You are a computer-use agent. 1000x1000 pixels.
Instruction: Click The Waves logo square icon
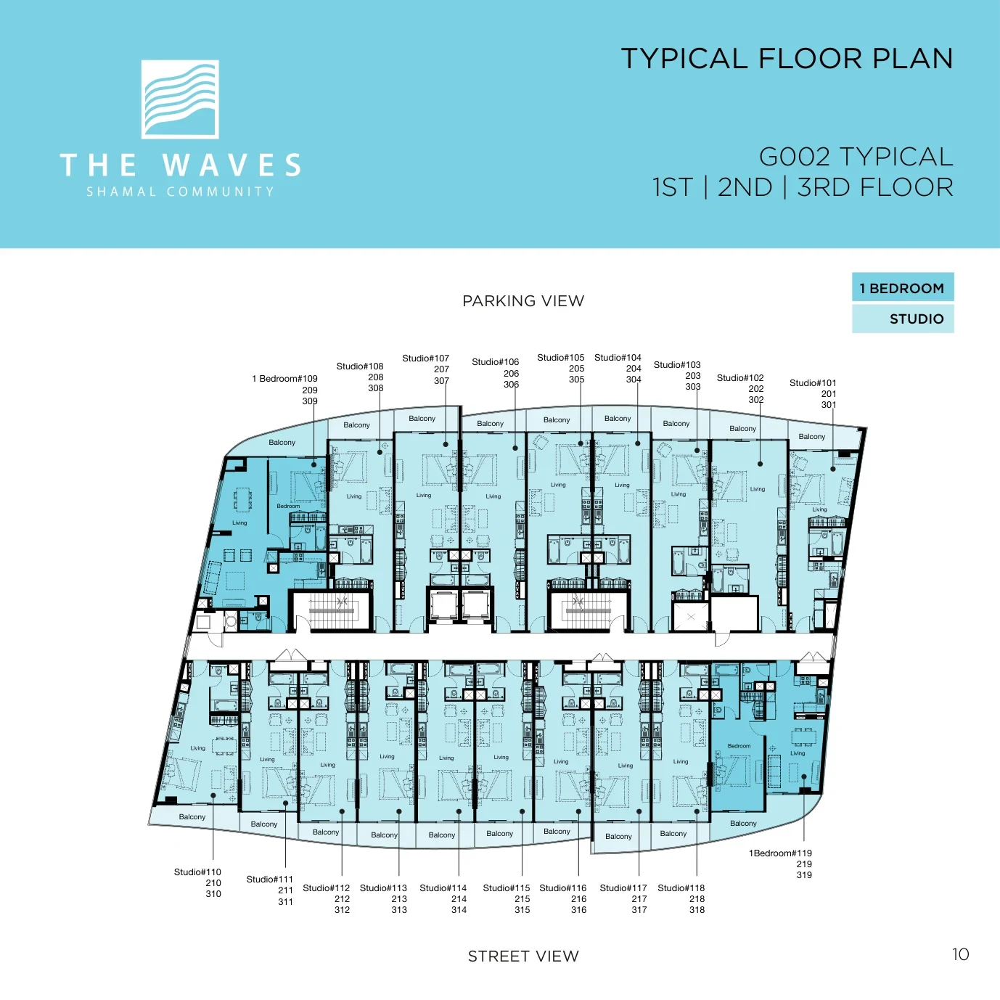pos(180,99)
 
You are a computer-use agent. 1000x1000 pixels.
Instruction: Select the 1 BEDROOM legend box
pos(903,287)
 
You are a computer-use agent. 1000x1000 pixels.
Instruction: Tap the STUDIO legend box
pos(903,319)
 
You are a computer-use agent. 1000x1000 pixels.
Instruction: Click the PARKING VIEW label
pos(523,301)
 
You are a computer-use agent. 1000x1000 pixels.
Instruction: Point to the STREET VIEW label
pos(523,956)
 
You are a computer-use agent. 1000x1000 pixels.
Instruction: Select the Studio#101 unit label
pos(813,383)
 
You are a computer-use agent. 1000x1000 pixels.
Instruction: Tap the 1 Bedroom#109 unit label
pos(284,379)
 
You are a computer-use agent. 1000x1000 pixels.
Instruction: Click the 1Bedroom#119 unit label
pos(780,853)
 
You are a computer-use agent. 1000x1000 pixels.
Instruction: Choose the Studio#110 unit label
pos(197,872)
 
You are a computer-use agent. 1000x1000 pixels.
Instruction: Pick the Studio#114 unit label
pos(443,888)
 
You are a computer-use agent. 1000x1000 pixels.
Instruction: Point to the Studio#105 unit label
pos(560,358)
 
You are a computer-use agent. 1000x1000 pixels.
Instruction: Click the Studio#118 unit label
pos(681,888)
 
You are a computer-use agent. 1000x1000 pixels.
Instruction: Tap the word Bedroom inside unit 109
pos(288,506)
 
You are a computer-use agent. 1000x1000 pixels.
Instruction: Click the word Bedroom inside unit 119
pos(739,746)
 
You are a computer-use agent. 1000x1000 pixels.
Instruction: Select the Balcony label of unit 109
pos(282,442)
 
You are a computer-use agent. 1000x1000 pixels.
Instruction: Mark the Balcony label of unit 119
pos(743,823)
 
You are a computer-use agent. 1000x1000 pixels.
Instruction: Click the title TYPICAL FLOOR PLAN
pos(787,58)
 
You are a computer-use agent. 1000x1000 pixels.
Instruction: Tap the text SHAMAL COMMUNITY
pos(180,192)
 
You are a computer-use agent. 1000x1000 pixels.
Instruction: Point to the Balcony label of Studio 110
pos(192,816)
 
